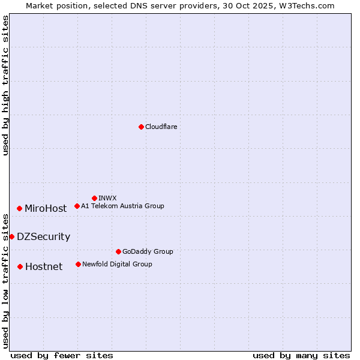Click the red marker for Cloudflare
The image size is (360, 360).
141,127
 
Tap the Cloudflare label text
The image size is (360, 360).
161,127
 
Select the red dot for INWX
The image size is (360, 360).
94,198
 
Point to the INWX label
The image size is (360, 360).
107,199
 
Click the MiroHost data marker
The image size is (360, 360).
20,208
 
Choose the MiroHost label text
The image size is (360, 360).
46,209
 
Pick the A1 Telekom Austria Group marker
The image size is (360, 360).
77,206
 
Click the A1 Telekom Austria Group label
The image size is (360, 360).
122,206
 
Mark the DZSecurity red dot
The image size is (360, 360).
11,236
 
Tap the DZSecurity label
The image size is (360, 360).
43,237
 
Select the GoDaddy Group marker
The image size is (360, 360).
118,251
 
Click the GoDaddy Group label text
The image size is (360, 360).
148,252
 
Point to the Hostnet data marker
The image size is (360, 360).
20,266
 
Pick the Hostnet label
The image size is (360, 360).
44,267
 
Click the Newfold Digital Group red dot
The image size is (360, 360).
78,264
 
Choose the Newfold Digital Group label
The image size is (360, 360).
117,265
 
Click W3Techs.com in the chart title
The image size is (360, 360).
310,5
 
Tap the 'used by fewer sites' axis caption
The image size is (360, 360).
62,355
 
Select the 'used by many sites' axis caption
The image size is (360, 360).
301,355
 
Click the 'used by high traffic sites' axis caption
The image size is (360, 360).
5,85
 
